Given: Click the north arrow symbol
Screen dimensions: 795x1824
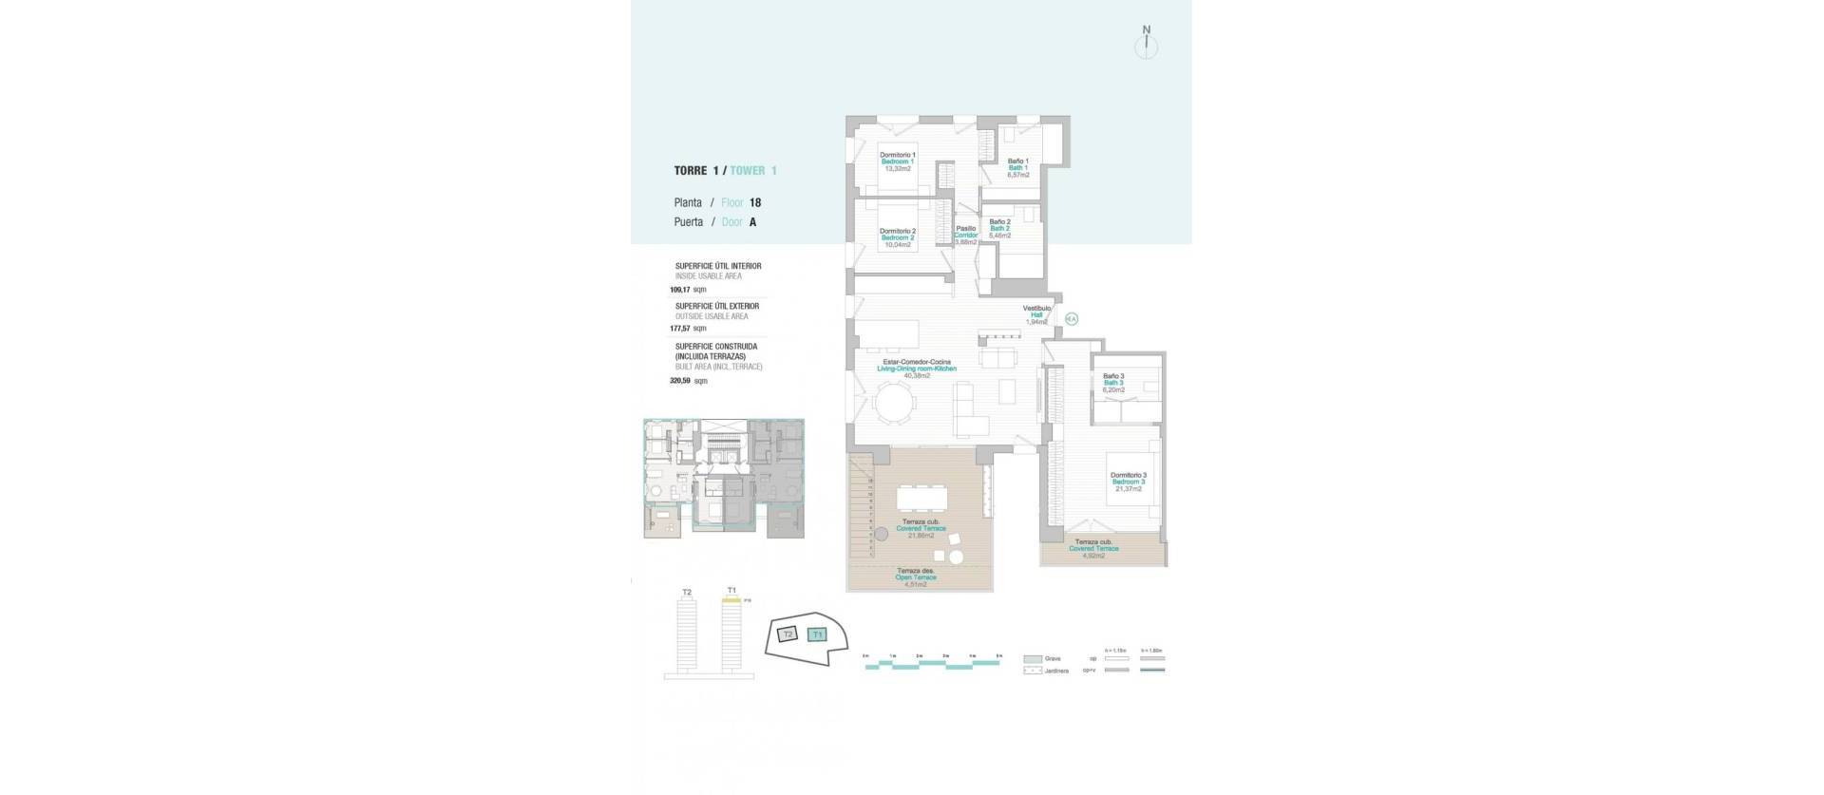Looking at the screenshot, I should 1147,44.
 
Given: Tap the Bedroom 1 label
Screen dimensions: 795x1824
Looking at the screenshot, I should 898,161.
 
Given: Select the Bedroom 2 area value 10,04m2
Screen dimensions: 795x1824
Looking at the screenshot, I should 898,245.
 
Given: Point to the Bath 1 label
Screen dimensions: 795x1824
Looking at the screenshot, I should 1018,168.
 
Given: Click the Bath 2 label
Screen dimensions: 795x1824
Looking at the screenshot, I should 999,229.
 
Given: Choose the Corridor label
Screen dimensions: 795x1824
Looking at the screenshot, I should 966,235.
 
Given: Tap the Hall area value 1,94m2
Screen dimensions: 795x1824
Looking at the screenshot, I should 1035,322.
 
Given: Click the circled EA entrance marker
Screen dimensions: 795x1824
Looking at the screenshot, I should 1071,320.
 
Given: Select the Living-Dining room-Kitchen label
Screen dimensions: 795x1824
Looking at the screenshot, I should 917,369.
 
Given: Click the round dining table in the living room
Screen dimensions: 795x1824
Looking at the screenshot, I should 896,402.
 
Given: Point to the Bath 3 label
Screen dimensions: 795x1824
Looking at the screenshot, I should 1113,383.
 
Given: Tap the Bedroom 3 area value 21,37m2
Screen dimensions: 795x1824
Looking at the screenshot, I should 1129,489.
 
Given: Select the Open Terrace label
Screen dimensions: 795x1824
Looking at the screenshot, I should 916,577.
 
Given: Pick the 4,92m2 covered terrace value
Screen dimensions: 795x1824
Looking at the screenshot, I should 1093,556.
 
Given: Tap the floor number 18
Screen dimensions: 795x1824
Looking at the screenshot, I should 755,202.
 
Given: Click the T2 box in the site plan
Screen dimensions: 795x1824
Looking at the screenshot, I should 788,634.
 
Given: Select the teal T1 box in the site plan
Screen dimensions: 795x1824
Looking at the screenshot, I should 817,634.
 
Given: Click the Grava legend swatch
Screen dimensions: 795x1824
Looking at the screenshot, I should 1033,658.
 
